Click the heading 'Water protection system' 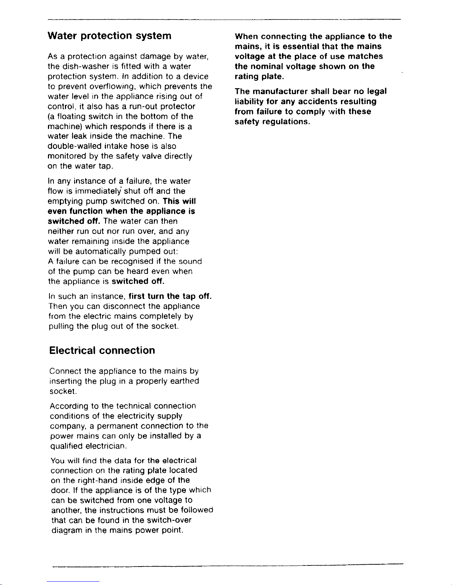click(x=110, y=36)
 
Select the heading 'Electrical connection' click(x=102, y=350)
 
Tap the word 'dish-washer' click(x=79, y=67)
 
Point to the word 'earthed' click(x=184, y=381)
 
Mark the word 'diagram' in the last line click(x=66, y=530)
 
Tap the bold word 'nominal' click(x=265, y=66)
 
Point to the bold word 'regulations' click(x=285, y=121)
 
